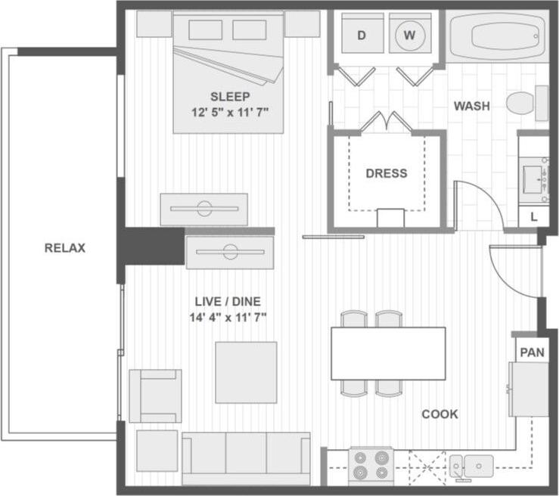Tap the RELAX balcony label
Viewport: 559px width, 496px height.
[64, 248]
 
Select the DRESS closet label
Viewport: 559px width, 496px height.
[386, 173]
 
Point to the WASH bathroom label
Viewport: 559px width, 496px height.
[470, 106]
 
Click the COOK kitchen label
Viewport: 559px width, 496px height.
[439, 414]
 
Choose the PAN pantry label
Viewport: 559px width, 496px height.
[532, 352]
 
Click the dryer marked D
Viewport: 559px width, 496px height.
[361, 36]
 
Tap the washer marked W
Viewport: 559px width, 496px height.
[409, 36]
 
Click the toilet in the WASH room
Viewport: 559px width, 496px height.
[526, 103]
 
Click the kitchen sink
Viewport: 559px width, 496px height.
[472, 465]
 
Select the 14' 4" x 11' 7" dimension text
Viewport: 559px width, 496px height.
[228, 318]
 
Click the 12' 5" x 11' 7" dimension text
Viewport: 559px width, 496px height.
[230, 111]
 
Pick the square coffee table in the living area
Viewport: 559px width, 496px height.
[246, 372]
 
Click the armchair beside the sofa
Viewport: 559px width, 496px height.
[155, 395]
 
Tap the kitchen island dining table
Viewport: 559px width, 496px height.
[388, 353]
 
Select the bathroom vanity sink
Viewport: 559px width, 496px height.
[533, 175]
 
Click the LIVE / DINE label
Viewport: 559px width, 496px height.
[228, 302]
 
